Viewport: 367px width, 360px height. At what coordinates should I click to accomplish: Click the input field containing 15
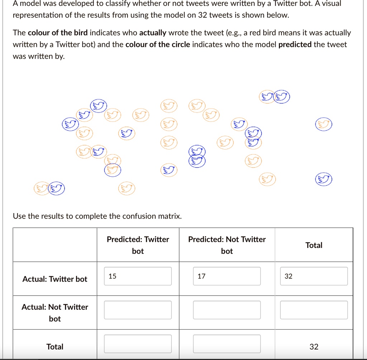pyautogui.click(x=138, y=276)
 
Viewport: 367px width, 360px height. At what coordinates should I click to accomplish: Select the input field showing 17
pyautogui.click(x=227, y=276)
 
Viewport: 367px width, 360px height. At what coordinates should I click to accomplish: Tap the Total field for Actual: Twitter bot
pyautogui.click(x=314, y=276)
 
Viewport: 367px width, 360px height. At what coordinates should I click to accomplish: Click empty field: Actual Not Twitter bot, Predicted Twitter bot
pyautogui.click(x=138, y=310)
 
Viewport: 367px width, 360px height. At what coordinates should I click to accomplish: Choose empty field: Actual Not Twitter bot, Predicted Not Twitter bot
pyautogui.click(x=227, y=310)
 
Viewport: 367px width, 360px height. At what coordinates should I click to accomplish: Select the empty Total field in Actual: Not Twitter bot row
pyautogui.click(x=314, y=310)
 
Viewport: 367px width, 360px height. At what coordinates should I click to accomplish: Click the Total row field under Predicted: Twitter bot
pyautogui.click(x=138, y=344)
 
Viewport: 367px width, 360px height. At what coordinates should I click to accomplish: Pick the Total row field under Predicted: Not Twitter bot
pyautogui.click(x=227, y=344)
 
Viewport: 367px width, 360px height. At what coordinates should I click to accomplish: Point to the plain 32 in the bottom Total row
pyautogui.click(x=314, y=347)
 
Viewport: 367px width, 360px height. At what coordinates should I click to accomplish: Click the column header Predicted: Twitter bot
pyautogui.click(x=138, y=245)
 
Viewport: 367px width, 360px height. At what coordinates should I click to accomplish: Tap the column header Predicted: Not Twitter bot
pyautogui.click(x=227, y=245)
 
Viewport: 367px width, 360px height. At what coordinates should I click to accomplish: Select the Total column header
pyautogui.click(x=314, y=245)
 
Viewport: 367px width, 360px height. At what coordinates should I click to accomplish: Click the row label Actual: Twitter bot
pyautogui.click(x=55, y=279)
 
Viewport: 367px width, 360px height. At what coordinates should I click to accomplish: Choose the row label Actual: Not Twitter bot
pyautogui.click(x=55, y=312)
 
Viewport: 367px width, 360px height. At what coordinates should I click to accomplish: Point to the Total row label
pyautogui.click(x=55, y=347)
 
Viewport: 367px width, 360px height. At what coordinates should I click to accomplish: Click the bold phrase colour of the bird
pyautogui.click(x=58, y=33)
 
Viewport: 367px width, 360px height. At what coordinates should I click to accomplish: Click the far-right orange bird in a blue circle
pyautogui.click(x=324, y=124)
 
